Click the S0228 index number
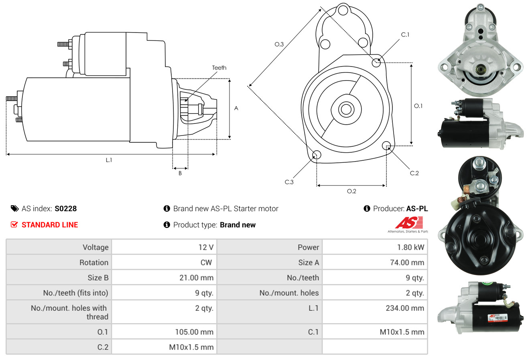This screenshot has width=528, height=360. point(65,208)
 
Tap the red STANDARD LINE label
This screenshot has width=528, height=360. point(50,225)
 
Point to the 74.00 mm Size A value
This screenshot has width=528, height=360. point(407,263)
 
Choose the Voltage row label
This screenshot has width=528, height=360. point(95,247)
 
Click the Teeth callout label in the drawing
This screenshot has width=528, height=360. point(219,68)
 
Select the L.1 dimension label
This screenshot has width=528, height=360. point(109,160)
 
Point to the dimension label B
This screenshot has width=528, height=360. point(180,174)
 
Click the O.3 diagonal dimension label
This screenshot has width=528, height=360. point(279,44)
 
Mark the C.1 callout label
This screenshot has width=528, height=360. point(405,35)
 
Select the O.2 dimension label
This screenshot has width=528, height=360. point(351,191)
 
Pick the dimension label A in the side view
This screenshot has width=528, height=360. point(236,108)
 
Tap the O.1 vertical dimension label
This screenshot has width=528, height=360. point(418,106)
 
